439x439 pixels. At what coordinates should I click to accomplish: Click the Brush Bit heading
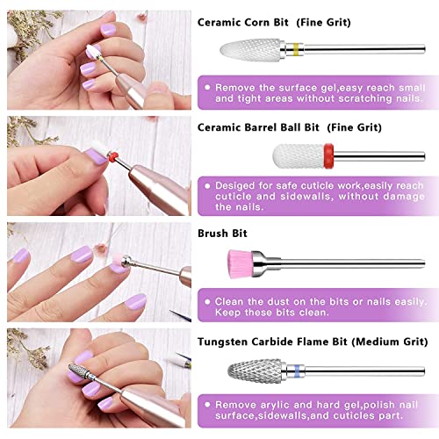223,234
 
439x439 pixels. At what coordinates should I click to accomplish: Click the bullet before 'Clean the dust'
205,300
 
